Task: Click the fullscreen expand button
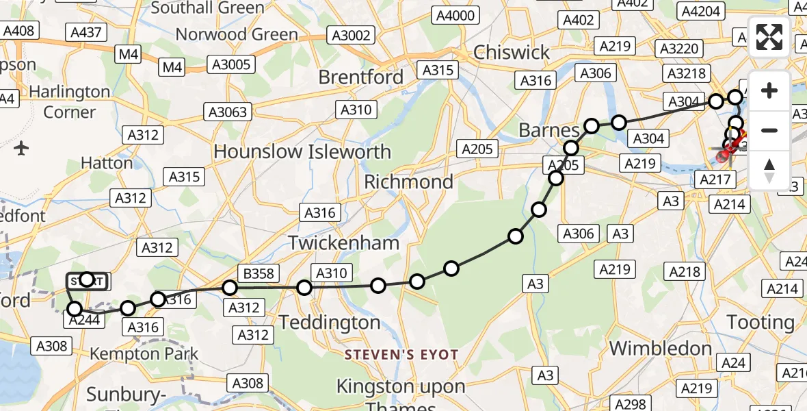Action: [769, 37]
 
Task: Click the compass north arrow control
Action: [769, 171]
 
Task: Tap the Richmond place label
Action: [408, 182]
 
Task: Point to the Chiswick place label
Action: [511, 52]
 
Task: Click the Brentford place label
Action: [360, 77]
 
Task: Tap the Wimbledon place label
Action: [660, 348]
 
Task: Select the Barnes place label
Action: [549, 130]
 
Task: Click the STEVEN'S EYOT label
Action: [401, 354]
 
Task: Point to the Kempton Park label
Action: [144, 354]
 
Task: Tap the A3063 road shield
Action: [228, 112]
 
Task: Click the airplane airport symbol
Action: [21, 147]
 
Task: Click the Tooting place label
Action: [760, 322]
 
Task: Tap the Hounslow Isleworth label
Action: [302, 151]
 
